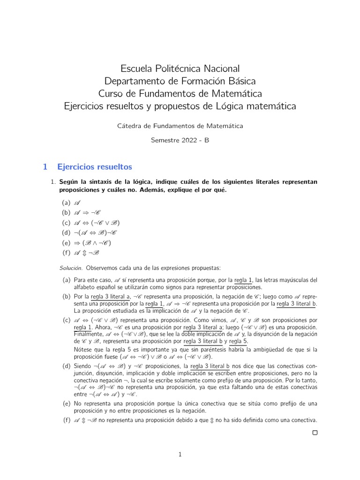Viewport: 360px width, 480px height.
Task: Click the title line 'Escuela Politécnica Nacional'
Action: click(x=180, y=68)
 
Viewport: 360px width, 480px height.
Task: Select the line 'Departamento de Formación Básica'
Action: click(x=180, y=81)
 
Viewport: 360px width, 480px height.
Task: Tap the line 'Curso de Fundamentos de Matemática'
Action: click(x=180, y=94)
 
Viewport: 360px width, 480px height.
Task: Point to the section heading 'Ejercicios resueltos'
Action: click(x=94, y=167)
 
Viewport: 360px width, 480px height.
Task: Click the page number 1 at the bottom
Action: click(x=180, y=454)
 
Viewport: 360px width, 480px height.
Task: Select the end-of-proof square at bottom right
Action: click(x=315, y=433)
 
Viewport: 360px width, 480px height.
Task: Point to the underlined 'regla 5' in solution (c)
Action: click(x=239, y=341)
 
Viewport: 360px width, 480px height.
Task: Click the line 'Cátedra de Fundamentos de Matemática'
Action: click(x=180, y=126)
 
